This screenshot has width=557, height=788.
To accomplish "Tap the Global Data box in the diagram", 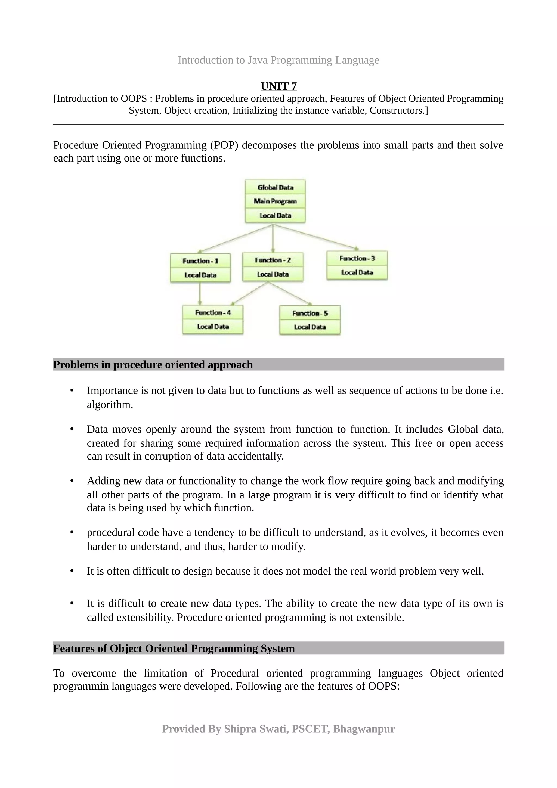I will tap(275, 187).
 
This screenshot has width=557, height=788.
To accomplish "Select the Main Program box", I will tap(275, 201).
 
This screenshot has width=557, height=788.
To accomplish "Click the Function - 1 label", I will tap(200, 261).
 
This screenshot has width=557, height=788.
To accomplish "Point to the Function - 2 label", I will tap(273, 260).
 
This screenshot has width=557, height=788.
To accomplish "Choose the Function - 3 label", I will tap(357, 258).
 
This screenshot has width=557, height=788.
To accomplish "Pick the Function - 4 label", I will tap(213, 313).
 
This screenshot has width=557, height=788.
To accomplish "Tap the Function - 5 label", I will tap(310, 313).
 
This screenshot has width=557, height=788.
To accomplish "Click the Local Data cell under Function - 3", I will tap(357, 272).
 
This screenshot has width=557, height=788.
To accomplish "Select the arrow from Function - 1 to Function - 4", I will tap(200, 293).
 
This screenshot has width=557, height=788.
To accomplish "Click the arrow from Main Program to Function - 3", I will tap(316, 237).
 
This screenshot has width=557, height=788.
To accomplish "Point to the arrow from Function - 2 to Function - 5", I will tap(290, 293).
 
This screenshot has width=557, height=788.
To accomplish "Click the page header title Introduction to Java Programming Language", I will tap(278, 60).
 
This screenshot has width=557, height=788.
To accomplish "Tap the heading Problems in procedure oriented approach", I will tap(153, 364).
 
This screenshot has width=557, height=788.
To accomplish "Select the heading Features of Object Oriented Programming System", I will tap(174, 648).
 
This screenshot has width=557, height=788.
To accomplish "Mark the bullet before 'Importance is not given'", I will tap(72, 390).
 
